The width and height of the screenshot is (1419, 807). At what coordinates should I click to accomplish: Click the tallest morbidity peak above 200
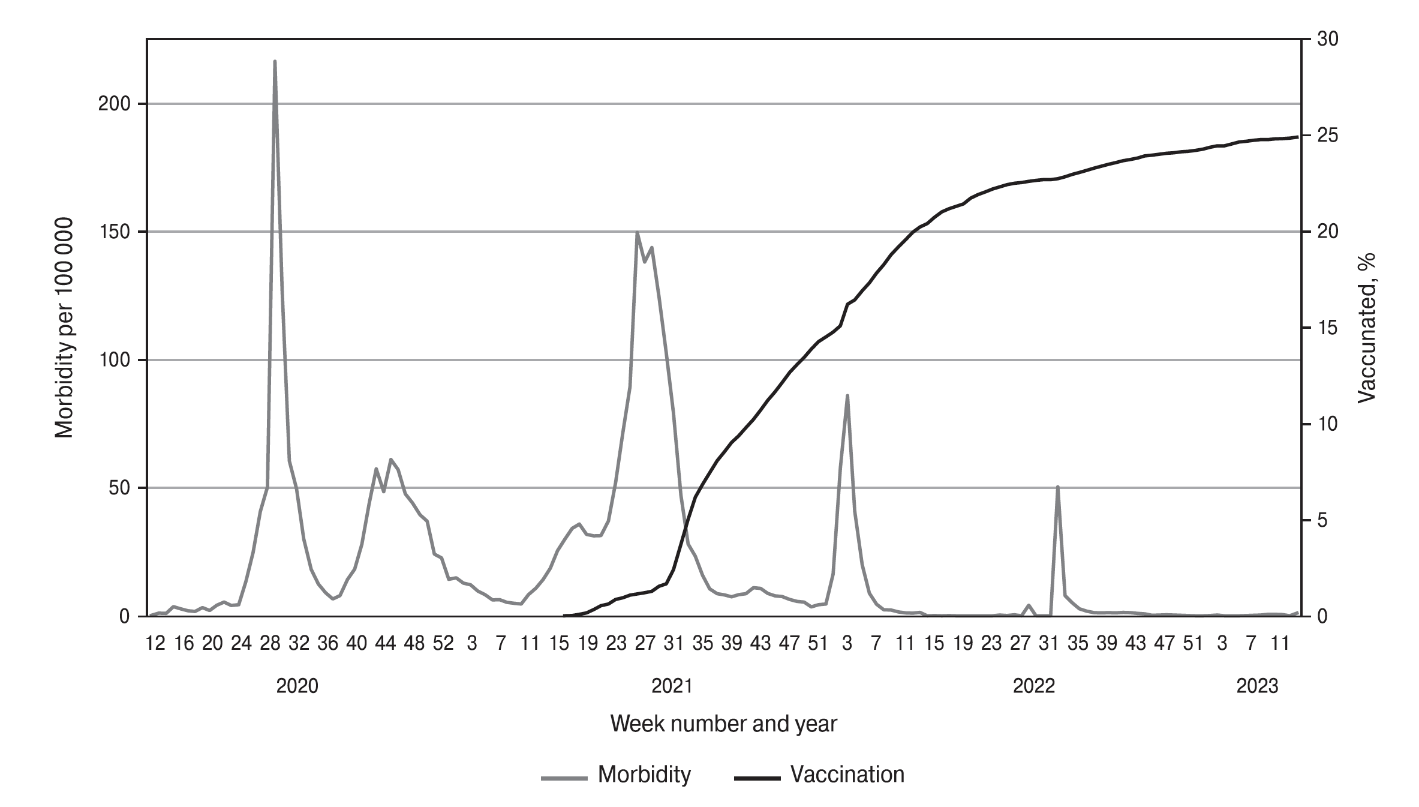click(275, 62)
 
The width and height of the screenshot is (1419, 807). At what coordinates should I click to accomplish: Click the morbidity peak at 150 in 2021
click(637, 232)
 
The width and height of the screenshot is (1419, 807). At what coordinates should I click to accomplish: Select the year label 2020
click(297, 686)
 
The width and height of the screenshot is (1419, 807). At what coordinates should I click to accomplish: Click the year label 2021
click(672, 686)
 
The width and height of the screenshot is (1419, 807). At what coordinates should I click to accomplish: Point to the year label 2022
click(1033, 686)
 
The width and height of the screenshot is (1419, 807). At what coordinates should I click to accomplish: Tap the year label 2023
click(1257, 686)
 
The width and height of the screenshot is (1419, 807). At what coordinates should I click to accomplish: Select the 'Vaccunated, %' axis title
click(1366, 328)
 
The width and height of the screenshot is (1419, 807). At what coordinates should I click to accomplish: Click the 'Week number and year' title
click(723, 724)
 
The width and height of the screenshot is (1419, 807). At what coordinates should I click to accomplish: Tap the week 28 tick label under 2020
click(270, 644)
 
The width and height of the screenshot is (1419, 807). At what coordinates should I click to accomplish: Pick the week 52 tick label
click(443, 644)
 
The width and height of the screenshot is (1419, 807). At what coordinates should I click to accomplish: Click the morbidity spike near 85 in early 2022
click(847, 396)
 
